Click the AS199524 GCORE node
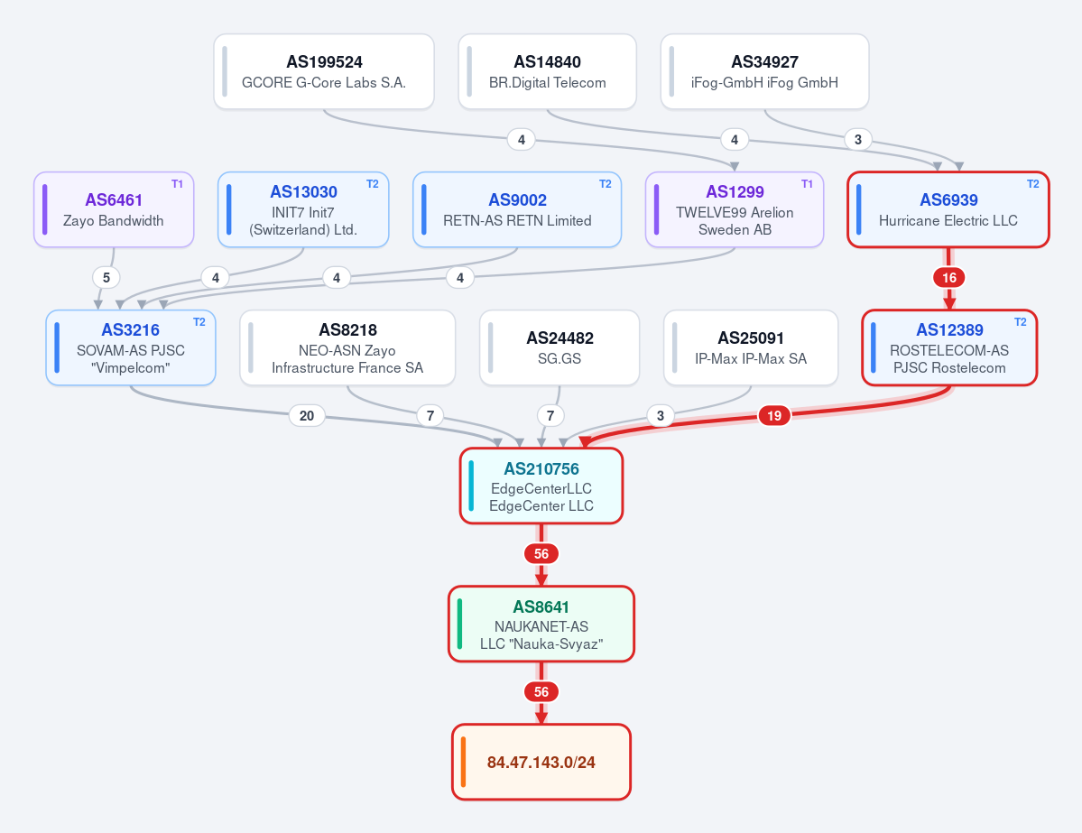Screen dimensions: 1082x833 [324, 72]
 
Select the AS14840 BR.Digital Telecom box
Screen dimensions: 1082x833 [547, 72]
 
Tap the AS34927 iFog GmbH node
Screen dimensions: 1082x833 [764, 72]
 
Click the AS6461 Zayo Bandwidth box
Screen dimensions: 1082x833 [114, 209]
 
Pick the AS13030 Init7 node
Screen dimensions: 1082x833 [303, 209]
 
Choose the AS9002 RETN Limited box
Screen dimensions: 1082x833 [517, 209]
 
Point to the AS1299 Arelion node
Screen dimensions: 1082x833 [735, 209]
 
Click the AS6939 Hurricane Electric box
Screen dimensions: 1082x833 [948, 209]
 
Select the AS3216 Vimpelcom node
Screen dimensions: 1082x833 [131, 347]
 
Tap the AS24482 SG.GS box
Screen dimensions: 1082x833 [559, 347]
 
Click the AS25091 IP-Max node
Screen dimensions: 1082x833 [751, 347]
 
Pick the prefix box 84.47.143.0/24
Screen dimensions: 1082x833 [541, 762]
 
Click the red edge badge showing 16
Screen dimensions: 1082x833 [948, 278]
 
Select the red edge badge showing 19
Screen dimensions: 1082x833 [774, 415]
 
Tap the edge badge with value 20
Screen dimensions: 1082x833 [307, 415]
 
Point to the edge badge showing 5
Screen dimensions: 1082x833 [106, 278]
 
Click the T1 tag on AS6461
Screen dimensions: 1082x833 [178, 183]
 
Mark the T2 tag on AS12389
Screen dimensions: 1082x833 [1021, 321]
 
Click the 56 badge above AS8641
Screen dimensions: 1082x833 [541, 554]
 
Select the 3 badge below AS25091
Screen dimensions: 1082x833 [661, 415]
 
